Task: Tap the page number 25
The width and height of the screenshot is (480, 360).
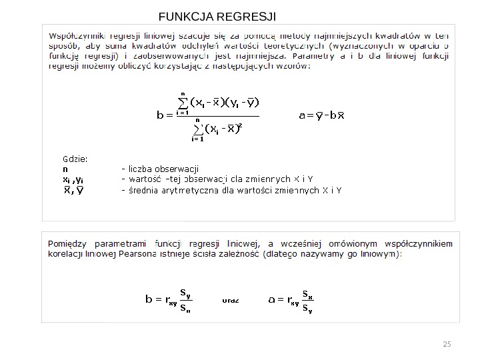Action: [447, 344]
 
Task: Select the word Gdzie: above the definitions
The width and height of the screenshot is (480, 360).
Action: [75, 159]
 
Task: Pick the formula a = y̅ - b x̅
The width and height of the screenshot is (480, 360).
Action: [321, 115]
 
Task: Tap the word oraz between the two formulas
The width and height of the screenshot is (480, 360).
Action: [231, 300]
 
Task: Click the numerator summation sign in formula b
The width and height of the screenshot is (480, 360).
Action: [182, 103]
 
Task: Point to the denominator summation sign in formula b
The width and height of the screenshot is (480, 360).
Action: [197, 128]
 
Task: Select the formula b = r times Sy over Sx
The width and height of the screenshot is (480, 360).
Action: [169, 300]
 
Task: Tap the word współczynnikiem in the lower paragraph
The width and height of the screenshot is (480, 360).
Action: [413, 243]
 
